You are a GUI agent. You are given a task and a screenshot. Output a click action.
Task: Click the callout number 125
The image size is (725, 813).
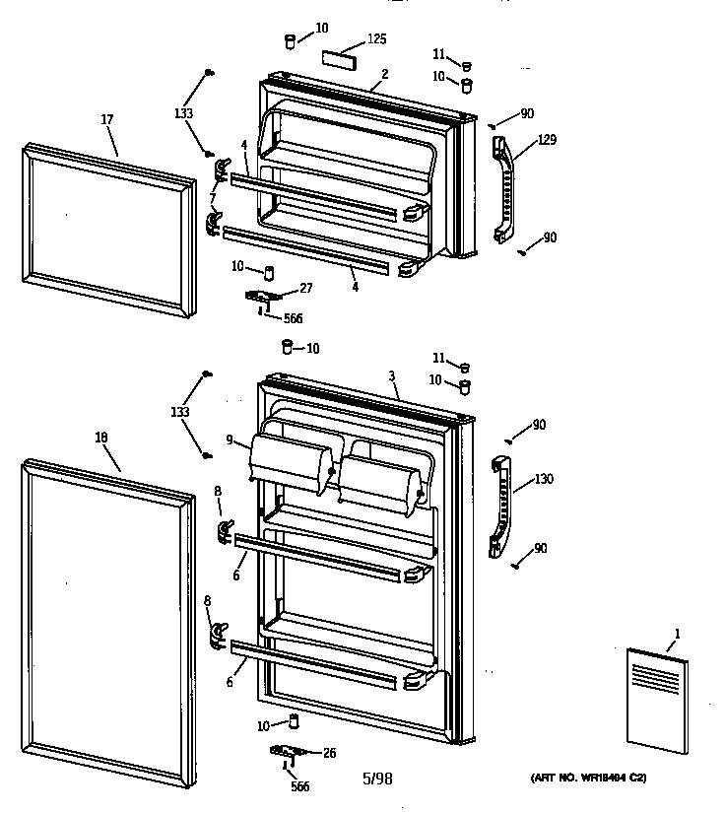pyautogui.click(x=376, y=39)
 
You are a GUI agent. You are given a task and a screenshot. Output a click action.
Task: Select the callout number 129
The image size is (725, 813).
pyautogui.click(x=546, y=140)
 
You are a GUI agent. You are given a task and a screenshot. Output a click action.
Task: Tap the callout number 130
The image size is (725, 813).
pyautogui.click(x=543, y=479)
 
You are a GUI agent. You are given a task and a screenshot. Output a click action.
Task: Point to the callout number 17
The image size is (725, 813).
pyautogui.click(x=107, y=120)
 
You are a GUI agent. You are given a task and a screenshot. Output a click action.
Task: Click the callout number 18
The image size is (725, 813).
pyautogui.click(x=101, y=437)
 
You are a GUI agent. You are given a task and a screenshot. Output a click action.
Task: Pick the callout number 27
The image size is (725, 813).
pyautogui.click(x=306, y=288)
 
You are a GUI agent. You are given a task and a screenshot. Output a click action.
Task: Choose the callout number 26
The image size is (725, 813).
pyautogui.click(x=328, y=754)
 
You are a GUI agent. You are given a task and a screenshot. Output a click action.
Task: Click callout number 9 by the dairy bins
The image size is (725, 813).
pyautogui.click(x=229, y=440)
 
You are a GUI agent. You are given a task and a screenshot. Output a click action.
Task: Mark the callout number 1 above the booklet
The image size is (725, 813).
pyautogui.click(x=677, y=632)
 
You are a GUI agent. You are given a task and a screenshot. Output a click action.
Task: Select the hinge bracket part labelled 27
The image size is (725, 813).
pyautogui.click(x=263, y=296)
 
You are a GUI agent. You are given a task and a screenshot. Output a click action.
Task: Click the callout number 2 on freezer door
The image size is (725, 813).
pyautogui.click(x=384, y=74)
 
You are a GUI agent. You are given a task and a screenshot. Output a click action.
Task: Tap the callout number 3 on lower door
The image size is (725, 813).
pyautogui.click(x=392, y=376)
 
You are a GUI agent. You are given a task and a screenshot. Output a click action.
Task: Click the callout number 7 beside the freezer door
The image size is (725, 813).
pyautogui.click(x=211, y=198)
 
